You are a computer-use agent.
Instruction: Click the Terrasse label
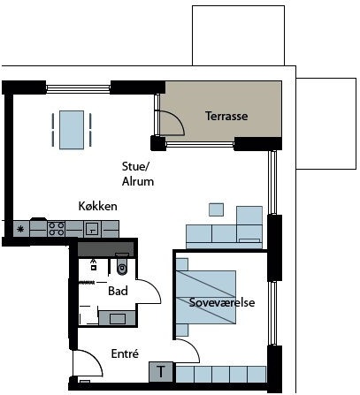tap(226, 116)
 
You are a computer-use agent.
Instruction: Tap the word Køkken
tap(97, 206)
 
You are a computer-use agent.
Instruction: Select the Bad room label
tap(118, 291)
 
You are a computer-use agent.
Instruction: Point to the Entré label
tap(125, 353)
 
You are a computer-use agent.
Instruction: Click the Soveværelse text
tap(222, 302)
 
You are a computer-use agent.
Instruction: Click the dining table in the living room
tap(72, 130)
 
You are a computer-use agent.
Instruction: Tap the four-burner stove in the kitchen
tap(57, 229)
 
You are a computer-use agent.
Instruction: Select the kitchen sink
tap(92, 229)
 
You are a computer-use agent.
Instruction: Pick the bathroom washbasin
tap(118, 318)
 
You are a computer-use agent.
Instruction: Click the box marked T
tap(161, 372)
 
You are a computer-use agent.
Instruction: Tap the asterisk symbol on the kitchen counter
tap(20, 229)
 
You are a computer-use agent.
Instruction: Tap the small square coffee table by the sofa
tap(216, 209)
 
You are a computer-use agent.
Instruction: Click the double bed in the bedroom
tap(206, 298)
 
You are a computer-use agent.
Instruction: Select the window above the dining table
tap(78, 87)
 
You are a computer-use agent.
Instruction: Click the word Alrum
tap(138, 181)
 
